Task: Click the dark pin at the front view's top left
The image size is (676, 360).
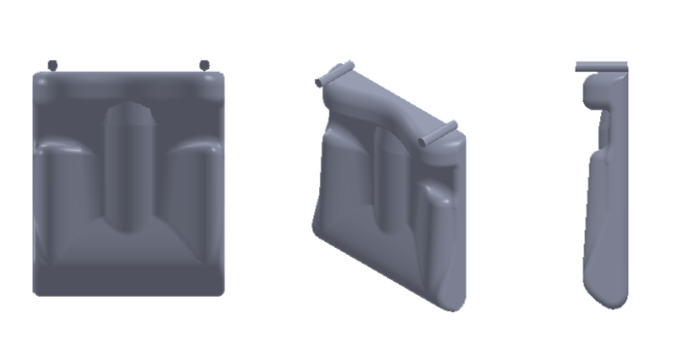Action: [53, 65]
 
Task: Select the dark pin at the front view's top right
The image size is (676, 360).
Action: [204, 65]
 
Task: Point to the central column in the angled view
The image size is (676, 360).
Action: [387, 180]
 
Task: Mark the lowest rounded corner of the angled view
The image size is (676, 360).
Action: [453, 302]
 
